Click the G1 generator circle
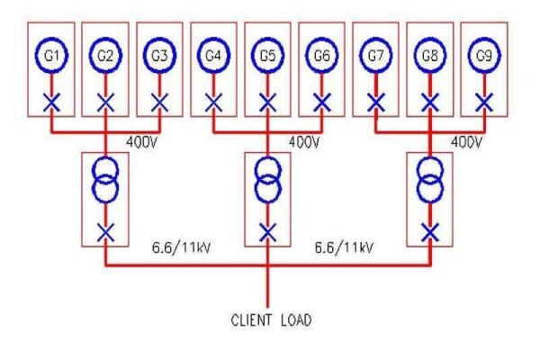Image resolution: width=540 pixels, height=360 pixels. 51,40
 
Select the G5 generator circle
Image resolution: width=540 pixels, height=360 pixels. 268,40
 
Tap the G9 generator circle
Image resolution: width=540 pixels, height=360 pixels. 484,40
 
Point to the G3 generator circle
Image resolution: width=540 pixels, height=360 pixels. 160,40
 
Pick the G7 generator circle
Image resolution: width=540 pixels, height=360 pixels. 376,40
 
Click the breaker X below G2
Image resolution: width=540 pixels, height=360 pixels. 105,103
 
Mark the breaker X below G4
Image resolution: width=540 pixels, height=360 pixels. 214,103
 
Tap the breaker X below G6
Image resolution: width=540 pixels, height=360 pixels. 322,103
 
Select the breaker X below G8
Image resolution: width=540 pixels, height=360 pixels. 430,103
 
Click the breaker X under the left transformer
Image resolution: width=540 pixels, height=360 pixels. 105,232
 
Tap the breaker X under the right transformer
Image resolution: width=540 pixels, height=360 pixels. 430,232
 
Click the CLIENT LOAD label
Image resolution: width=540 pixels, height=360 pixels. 272,320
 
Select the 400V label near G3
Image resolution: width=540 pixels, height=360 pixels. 142,142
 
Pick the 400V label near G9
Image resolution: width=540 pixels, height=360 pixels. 466,142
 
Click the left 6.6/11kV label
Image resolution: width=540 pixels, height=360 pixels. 181,247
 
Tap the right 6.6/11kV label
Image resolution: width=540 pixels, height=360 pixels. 344,247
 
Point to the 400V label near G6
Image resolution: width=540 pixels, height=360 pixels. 304,142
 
